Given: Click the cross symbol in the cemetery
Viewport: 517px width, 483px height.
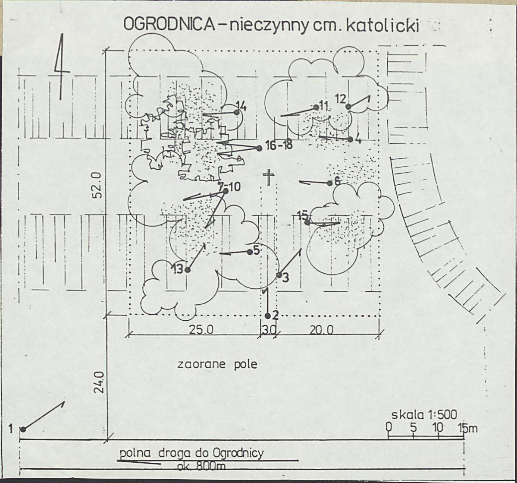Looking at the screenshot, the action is (x=269, y=177).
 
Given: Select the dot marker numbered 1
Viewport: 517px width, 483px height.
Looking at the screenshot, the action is (x=23, y=429).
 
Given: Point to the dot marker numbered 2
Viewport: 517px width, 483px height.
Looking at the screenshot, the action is (x=268, y=316).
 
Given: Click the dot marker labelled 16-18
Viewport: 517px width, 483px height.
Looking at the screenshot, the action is (x=259, y=148).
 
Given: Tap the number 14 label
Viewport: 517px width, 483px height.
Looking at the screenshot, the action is (x=241, y=106).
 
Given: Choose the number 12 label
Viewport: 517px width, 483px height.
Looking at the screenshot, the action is (x=341, y=99).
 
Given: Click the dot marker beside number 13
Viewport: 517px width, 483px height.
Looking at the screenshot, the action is (x=188, y=270).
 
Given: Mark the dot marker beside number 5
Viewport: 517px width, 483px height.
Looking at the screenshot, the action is (x=250, y=252).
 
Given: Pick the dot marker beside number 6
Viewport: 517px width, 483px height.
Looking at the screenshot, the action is (x=330, y=183).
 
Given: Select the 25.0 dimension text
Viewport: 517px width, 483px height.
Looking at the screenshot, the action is (x=201, y=330).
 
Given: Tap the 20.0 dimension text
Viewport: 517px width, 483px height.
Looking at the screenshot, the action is (x=322, y=330).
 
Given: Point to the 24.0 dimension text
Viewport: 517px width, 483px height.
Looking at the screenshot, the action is (x=99, y=382).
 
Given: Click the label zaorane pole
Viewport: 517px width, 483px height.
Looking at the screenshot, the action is (x=217, y=364).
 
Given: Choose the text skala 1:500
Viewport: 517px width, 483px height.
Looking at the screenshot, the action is (x=424, y=415).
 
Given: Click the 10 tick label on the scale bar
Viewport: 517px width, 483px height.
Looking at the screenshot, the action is (x=438, y=427).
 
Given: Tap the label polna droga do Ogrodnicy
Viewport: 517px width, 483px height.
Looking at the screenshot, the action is (x=191, y=453).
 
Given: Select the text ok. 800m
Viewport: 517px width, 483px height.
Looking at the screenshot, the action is (x=201, y=466).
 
